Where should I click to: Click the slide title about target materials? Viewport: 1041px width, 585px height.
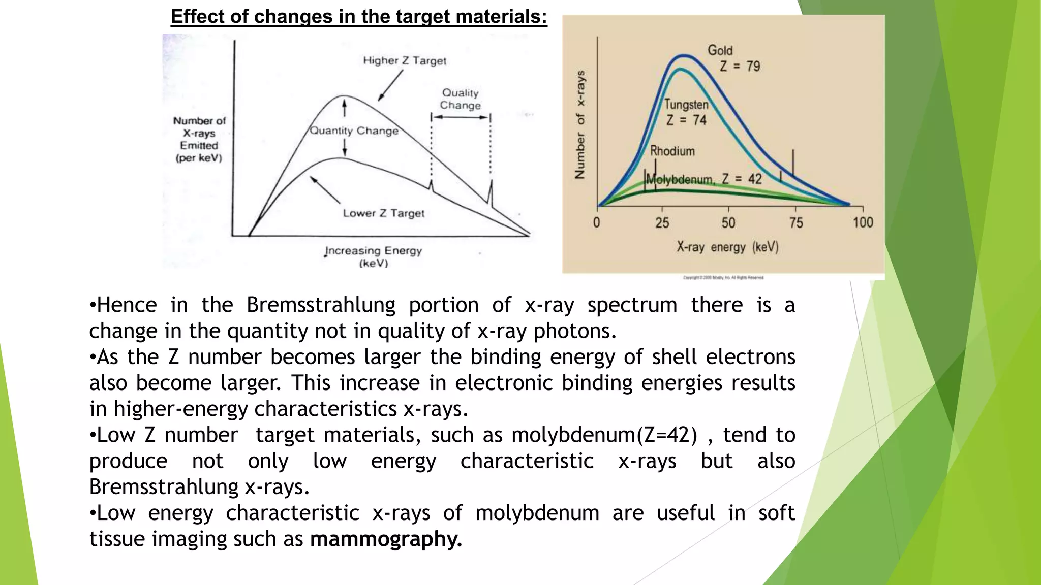359,17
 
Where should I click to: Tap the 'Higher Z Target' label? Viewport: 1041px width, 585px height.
405,60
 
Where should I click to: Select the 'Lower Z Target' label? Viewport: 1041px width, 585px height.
383,213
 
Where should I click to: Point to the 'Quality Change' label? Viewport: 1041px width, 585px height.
460,99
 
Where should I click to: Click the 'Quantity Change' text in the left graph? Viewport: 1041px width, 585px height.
354,131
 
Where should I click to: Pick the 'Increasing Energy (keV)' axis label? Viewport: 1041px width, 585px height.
374,256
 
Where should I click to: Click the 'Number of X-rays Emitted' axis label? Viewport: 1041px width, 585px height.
199,139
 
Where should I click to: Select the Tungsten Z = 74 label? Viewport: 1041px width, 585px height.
686,112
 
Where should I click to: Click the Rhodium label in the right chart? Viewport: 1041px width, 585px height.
672,151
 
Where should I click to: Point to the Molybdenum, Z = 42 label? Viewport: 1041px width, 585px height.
704,179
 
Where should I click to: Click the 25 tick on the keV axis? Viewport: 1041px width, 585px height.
662,223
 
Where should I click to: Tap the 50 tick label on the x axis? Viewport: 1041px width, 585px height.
728,223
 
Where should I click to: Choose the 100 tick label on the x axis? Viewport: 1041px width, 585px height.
863,222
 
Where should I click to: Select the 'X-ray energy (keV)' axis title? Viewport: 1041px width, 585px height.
727,247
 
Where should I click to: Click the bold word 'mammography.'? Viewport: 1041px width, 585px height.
386,539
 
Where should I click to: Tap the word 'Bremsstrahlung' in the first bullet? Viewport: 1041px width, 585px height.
321,305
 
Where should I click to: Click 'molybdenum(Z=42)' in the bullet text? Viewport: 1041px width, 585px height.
604,435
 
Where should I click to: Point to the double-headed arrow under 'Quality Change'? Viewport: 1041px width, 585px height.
461,117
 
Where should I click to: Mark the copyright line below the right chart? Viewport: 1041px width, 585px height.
723,278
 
